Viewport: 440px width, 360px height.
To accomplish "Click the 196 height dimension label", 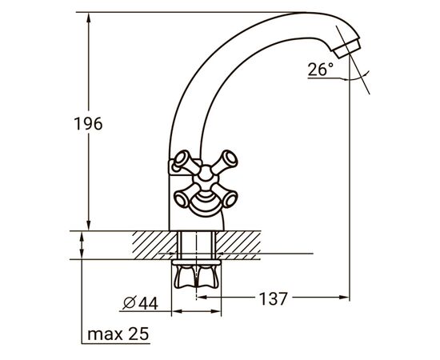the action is [x=88, y=123].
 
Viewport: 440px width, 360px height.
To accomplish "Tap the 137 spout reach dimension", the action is [x=273, y=298].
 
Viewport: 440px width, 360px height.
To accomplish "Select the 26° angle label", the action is [x=321, y=69].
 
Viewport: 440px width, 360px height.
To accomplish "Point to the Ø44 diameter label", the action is [x=141, y=303].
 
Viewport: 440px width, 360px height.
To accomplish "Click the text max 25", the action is [x=118, y=334].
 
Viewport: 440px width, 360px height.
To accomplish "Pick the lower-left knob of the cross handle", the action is [x=184, y=197].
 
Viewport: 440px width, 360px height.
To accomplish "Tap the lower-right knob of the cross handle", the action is [x=226, y=197].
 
